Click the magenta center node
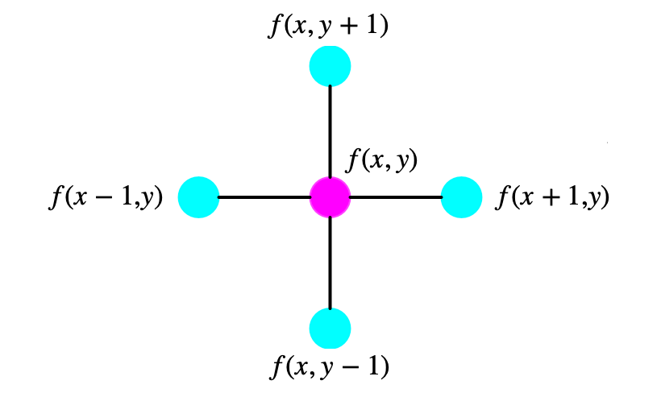point(330,197)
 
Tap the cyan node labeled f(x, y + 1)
point(330,66)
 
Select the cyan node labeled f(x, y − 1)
point(330,329)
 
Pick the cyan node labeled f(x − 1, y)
point(198,197)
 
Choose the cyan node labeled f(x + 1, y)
point(462,197)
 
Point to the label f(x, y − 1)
point(329,366)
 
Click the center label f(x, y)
point(381,160)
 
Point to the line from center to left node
point(264,197)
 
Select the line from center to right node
point(396,197)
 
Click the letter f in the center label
point(354,160)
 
